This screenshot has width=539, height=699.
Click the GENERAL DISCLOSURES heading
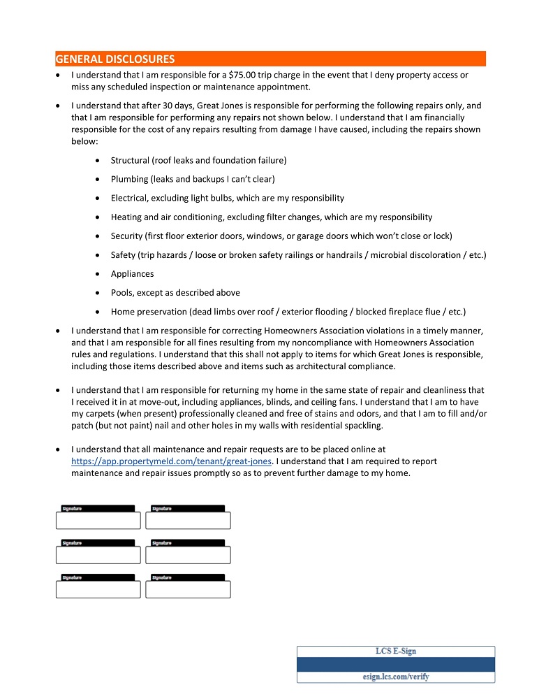[x=115, y=59]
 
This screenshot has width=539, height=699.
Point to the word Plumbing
[x=130, y=179]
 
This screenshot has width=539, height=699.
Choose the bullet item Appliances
[x=133, y=274]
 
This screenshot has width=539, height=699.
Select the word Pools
[x=122, y=293]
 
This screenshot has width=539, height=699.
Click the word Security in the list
[x=128, y=236]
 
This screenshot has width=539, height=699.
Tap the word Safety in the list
[x=124, y=255]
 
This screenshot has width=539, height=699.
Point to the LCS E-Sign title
[x=396, y=651]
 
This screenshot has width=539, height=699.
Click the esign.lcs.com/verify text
[x=396, y=677]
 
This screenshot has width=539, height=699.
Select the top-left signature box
[x=98, y=520]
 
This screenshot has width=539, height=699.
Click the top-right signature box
[x=188, y=520]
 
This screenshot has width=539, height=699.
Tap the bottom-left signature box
[x=98, y=589]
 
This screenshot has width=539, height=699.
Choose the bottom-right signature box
[x=188, y=589]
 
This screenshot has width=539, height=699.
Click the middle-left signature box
[x=98, y=555]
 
